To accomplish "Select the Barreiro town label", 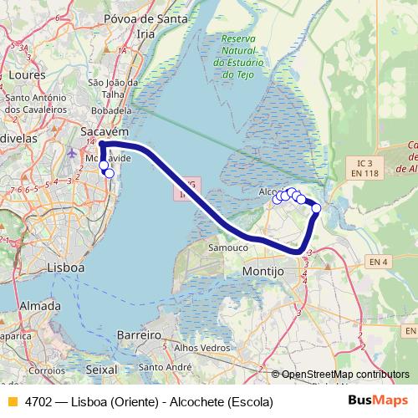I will tap(138, 334).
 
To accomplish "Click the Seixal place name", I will tap(101, 368).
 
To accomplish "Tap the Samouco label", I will tap(228, 248).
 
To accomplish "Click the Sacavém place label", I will tap(104, 132).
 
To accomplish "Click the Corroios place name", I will tap(46, 369).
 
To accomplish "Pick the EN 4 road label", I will tap(380, 263).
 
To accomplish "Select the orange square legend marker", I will tap(12, 402).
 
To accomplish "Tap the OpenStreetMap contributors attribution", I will tap(344, 374).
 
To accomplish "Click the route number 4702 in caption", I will tap(38, 402).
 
